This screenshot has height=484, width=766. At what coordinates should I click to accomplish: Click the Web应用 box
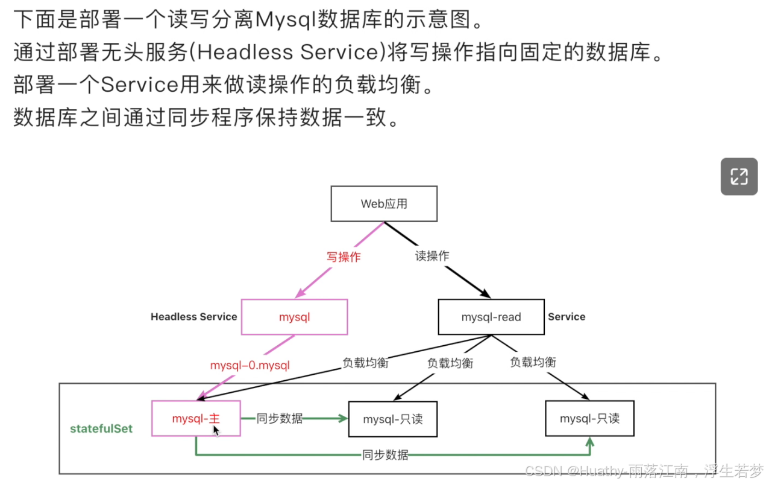[384, 203]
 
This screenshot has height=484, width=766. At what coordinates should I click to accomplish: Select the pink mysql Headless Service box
[294, 317]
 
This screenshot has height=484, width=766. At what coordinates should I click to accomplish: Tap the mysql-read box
[491, 317]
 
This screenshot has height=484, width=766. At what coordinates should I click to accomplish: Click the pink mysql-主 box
[196, 418]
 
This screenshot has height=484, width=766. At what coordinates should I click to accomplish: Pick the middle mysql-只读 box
[392, 419]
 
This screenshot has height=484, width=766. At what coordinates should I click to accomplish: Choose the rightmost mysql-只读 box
[589, 418]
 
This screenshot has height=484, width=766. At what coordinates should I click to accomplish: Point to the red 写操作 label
[344, 256]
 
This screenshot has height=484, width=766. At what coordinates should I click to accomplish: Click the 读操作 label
[432, 255]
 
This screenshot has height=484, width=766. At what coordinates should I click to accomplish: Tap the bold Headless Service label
[193, 317]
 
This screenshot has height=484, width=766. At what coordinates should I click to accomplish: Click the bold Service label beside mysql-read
[567, 317]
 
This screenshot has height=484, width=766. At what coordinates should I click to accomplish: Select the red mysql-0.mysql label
[250, 365]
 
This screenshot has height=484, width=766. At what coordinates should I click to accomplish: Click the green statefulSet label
[101, 429]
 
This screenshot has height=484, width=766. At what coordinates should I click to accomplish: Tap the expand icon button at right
[739, 177]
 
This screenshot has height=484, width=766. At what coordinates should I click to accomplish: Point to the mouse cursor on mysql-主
[216, 430]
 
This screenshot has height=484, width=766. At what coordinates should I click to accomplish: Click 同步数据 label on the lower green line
[386, 454]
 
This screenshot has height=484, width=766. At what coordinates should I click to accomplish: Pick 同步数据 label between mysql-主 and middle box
[280, 418]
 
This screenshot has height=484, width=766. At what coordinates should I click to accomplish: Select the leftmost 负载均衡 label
[365, 363]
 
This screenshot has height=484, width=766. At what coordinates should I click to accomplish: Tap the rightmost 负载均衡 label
[533, 362]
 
